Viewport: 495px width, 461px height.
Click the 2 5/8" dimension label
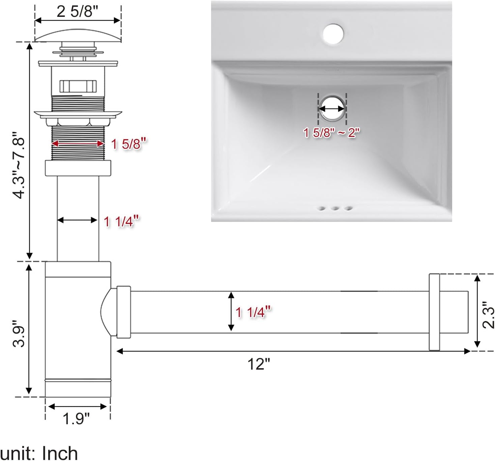78,11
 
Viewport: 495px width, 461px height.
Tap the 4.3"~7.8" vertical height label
19,165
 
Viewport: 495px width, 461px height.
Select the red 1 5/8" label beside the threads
128,144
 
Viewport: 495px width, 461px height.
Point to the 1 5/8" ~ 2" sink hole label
331,133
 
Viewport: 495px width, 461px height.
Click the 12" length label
259,364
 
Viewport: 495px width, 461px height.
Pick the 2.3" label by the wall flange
488,315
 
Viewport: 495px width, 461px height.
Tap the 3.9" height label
19,334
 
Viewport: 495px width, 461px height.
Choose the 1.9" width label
76,419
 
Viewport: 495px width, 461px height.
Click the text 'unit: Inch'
39,453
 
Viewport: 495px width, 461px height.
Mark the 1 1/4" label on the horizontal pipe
253,312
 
